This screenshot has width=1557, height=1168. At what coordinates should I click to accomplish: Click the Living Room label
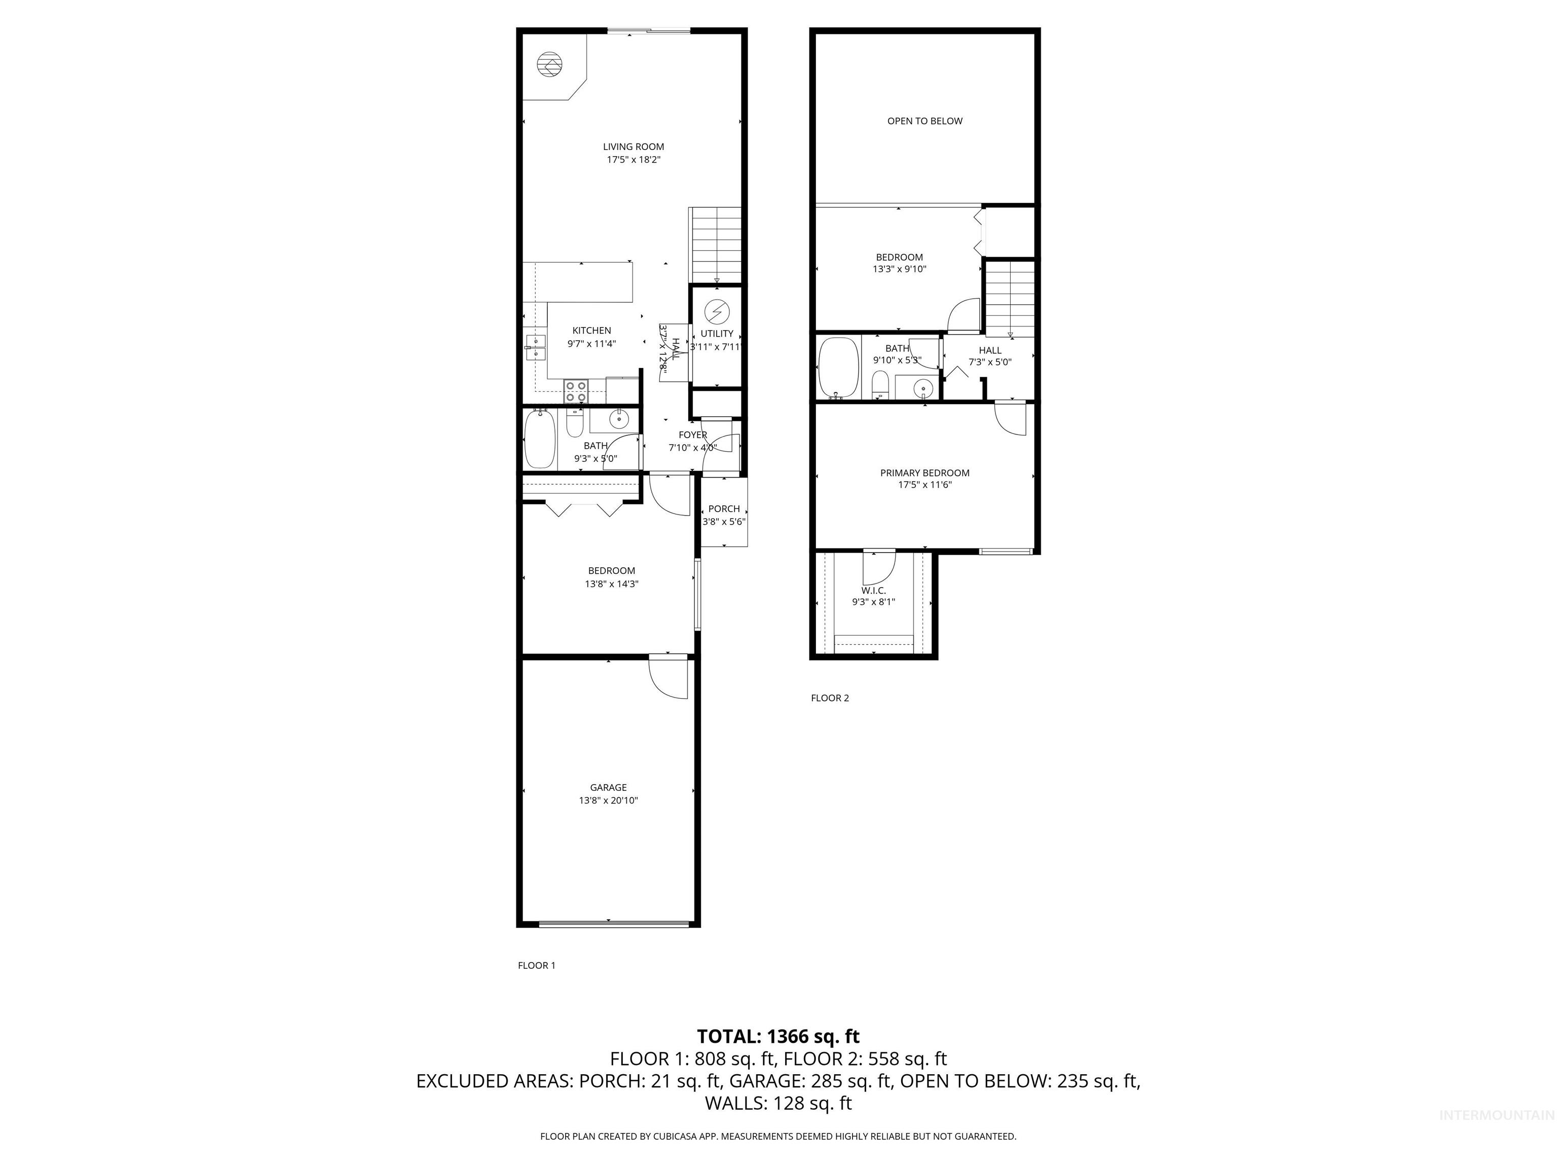[633, 147]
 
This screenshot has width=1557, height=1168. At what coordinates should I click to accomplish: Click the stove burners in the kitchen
[576, 391]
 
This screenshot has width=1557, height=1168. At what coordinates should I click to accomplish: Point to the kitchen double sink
[536, 348]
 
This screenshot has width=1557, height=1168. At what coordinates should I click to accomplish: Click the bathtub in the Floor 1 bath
[540, 440]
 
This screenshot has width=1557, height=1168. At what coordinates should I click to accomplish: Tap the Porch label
[724, 508]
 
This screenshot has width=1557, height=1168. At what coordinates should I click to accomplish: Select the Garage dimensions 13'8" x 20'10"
[608, 800]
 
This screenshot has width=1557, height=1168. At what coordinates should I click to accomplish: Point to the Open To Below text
[924, 121]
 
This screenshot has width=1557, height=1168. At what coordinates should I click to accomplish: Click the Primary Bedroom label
[924, 473]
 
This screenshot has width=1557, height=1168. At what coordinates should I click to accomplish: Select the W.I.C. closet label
[873, 591]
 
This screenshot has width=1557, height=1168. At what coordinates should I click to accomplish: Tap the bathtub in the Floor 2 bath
[838, 368]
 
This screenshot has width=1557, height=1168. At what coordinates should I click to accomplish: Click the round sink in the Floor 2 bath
[923, 387]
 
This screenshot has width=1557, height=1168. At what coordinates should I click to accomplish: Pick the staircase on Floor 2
[1010, 299]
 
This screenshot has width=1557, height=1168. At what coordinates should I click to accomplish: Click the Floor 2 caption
[830, 698]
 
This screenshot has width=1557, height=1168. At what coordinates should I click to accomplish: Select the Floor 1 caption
[536, 965]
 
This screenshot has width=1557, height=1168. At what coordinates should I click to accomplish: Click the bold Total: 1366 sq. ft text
[778, 1036]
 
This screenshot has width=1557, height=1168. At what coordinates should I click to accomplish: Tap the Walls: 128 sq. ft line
[778, 1103]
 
